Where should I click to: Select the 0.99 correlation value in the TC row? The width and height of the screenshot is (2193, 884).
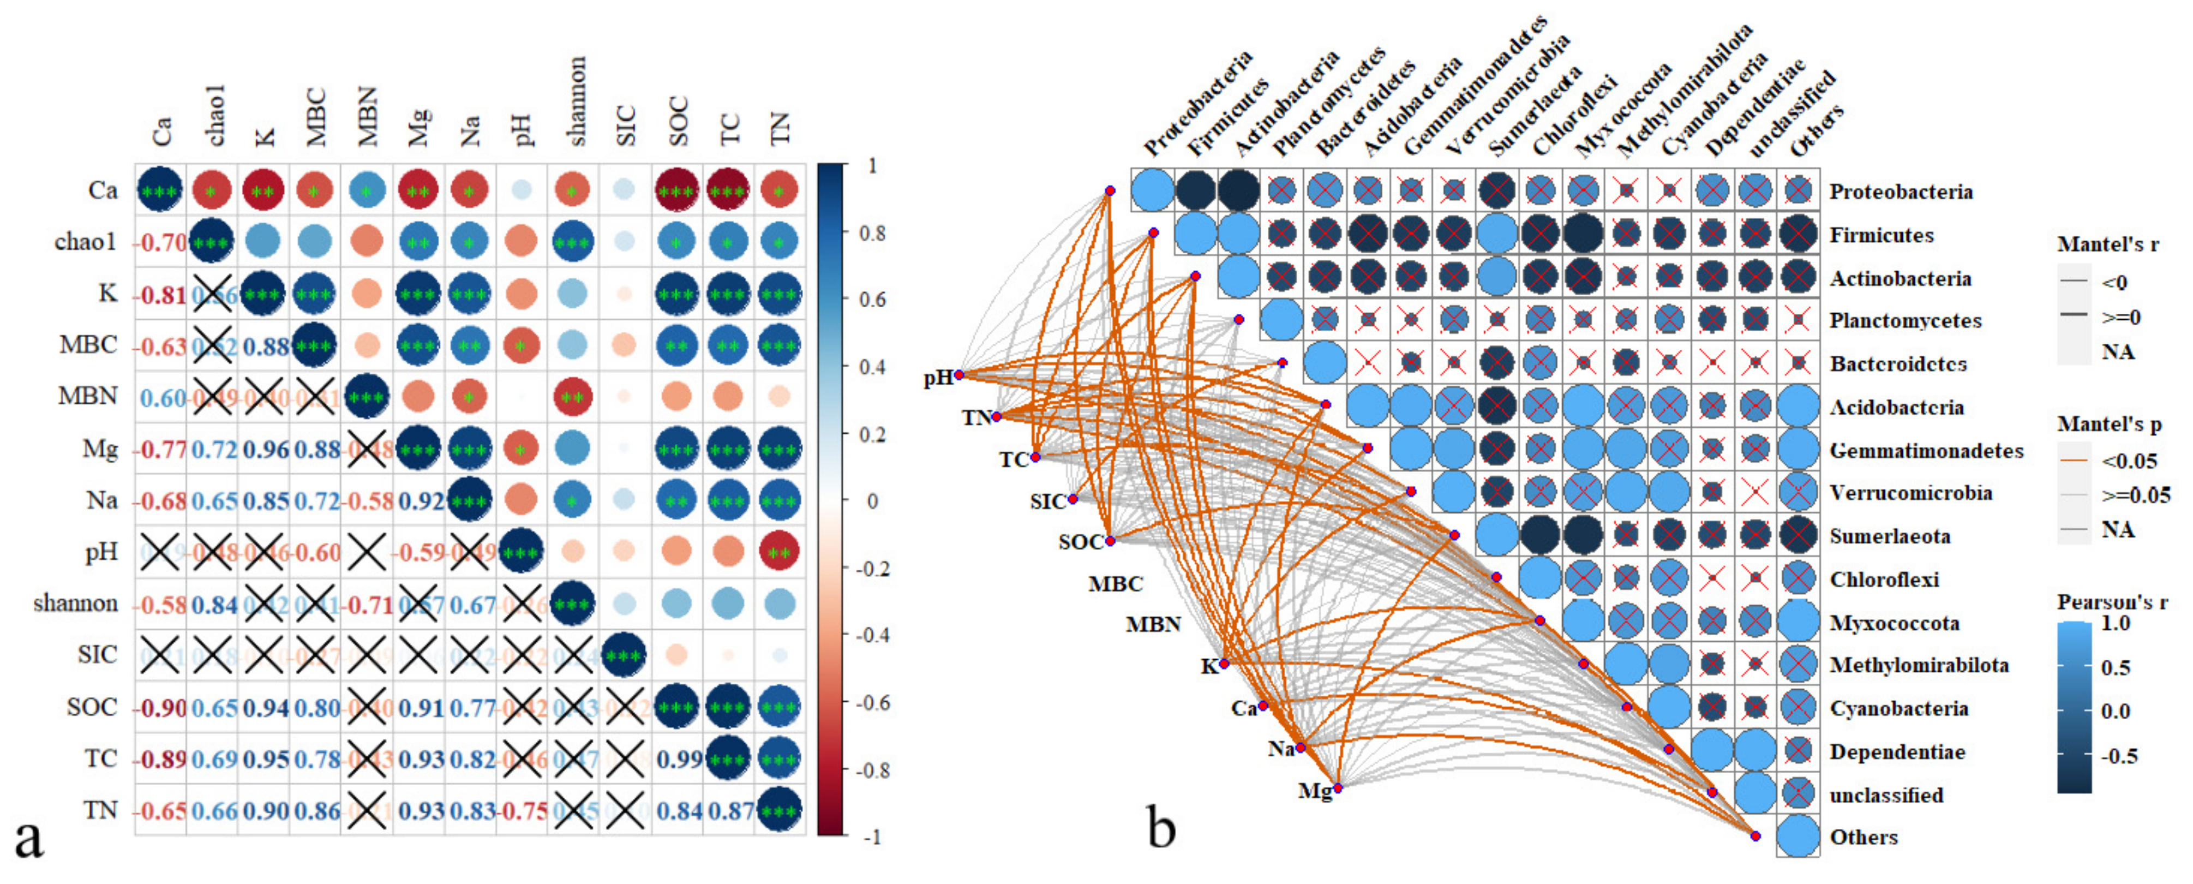point(679,759)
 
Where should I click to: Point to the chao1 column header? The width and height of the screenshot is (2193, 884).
point(214,116)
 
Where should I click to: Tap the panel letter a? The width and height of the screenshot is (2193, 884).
point(29,838)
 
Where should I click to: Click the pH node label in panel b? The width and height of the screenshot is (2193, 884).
point(938,377)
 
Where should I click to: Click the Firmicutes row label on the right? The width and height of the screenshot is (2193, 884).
point(1882,235)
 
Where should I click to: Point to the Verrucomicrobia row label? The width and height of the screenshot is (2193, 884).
point(1910,493)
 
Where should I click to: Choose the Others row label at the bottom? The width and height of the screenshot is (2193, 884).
point(1864,837)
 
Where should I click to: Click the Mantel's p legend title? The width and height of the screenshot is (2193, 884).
point(2109,424)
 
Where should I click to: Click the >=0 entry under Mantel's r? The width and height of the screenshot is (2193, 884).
point(2120,317)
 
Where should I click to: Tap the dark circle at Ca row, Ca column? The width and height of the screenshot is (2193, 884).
point(159,190)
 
